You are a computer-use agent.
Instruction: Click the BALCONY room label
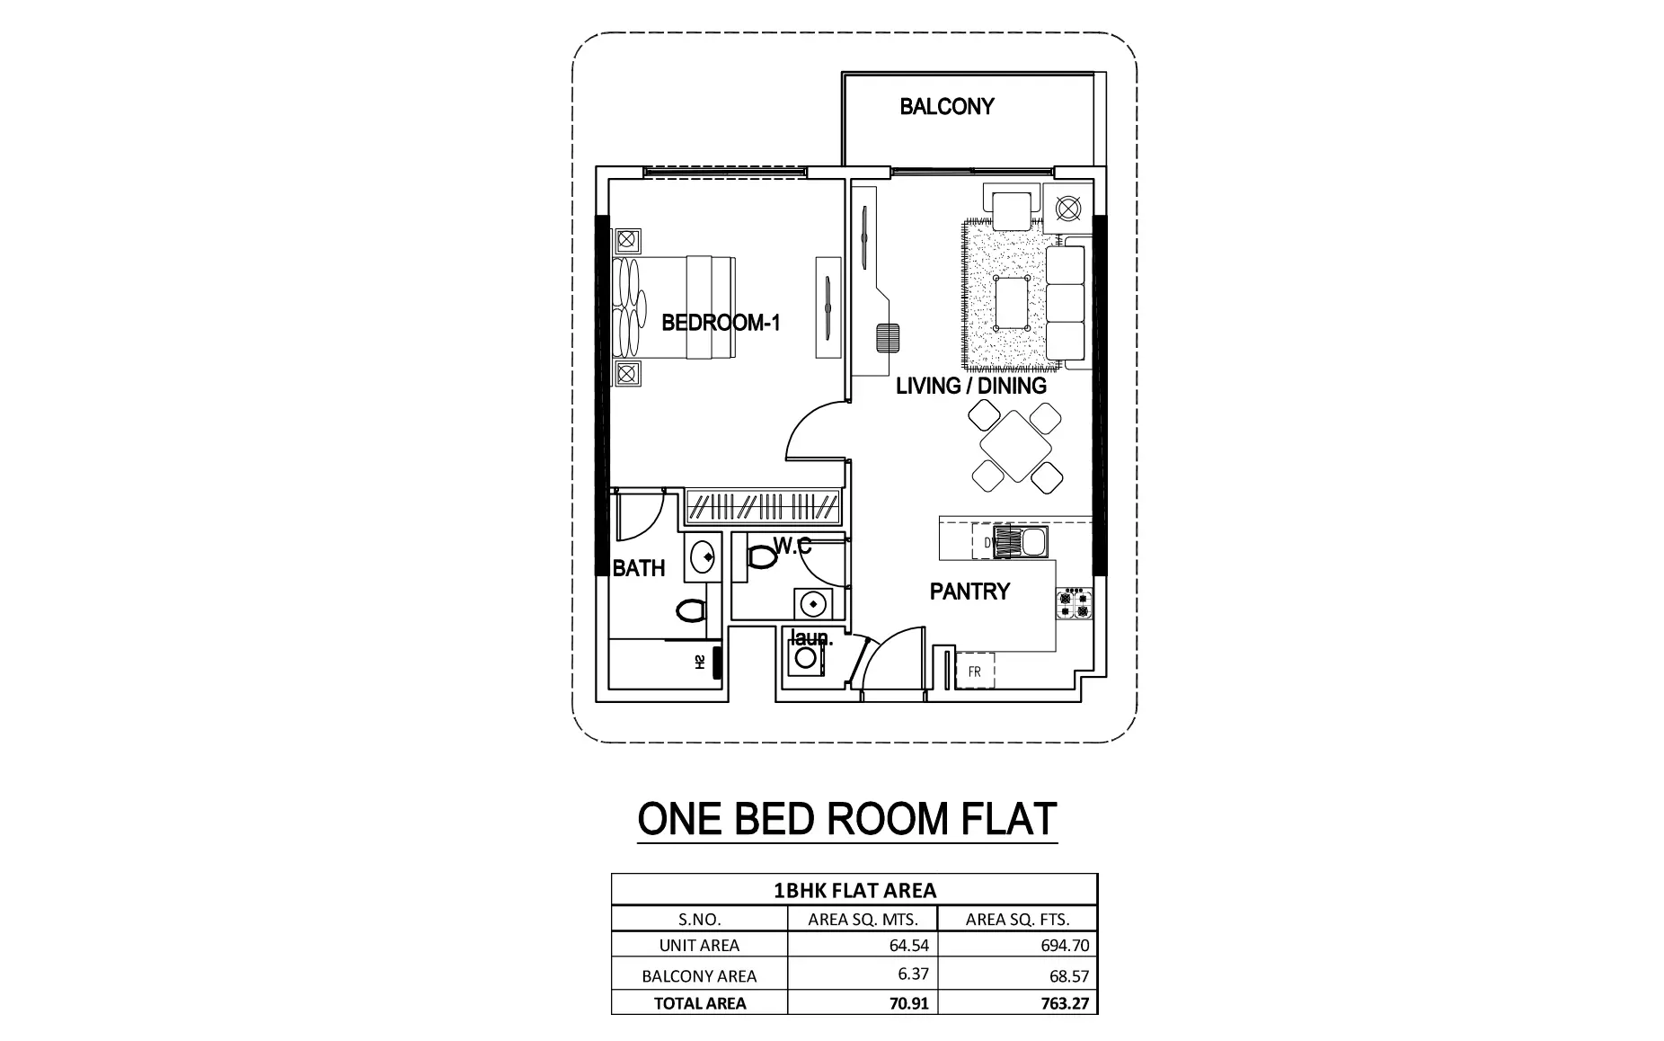947,107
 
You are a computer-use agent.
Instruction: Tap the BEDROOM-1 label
721,323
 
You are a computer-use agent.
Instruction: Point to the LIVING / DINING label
971,386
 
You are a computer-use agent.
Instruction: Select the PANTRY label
969,592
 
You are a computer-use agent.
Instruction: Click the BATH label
639,568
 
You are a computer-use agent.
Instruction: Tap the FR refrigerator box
975,672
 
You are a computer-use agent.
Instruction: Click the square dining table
1016,447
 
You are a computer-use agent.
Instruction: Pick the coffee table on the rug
1013,304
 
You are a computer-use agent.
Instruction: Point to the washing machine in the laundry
806,658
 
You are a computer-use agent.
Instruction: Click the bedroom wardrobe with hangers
764,509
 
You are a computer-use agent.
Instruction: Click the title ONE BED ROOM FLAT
846,819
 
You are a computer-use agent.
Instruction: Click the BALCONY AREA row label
699,975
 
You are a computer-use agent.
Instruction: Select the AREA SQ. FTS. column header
1017,919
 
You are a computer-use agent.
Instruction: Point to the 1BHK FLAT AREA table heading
854,891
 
